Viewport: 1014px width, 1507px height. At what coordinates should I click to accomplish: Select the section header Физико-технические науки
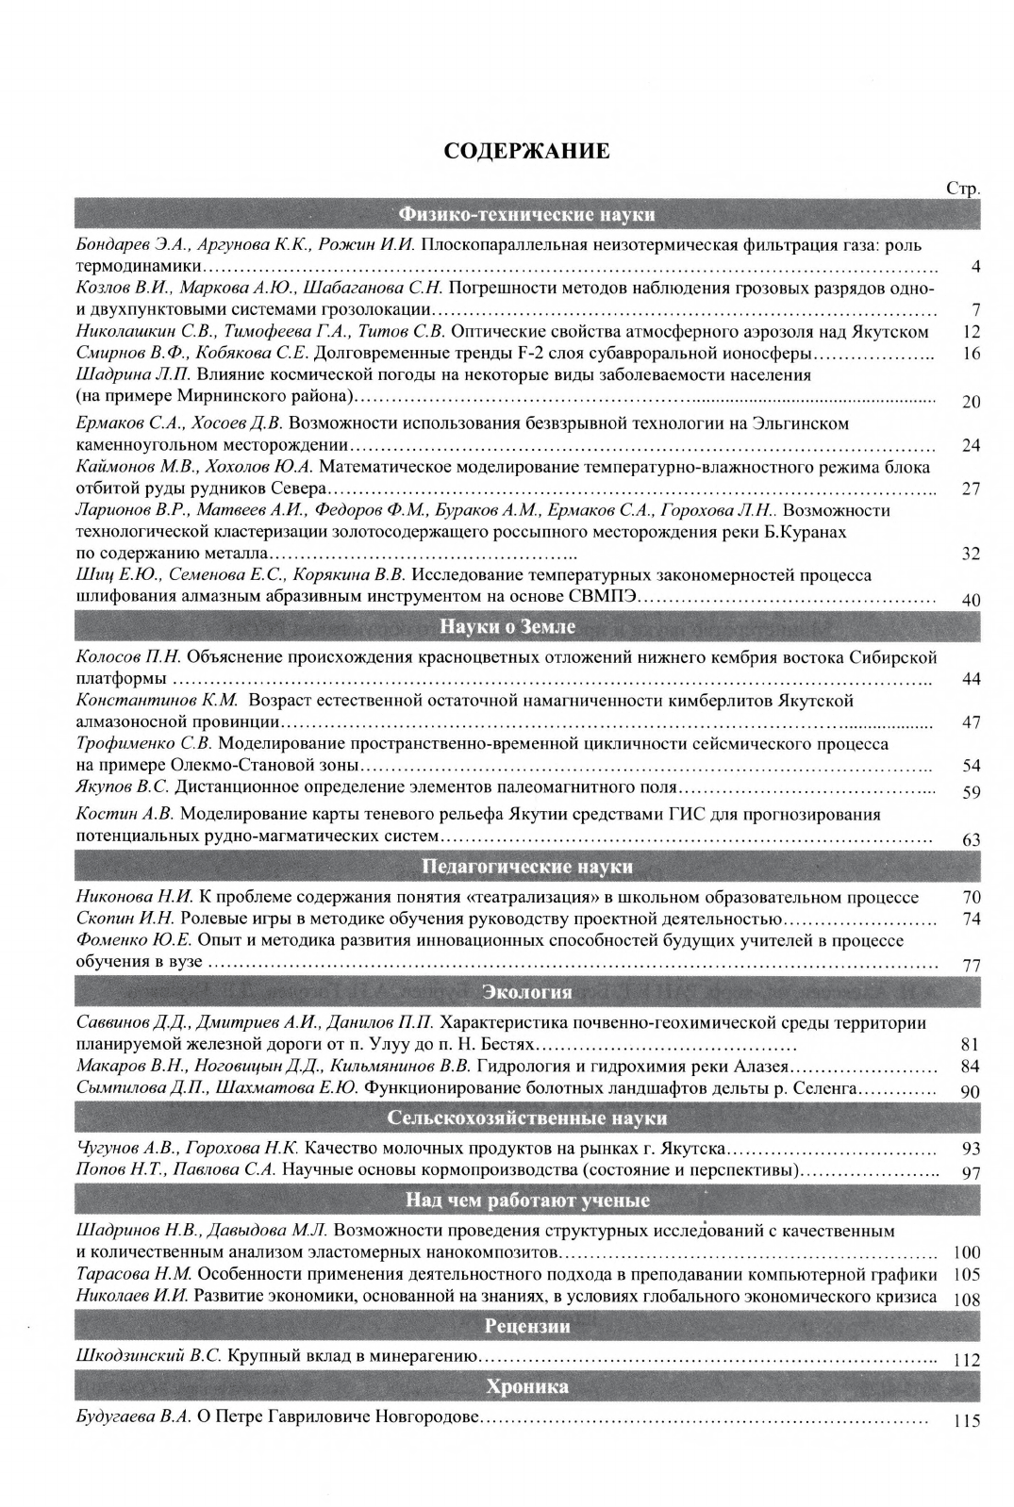pos(527,214)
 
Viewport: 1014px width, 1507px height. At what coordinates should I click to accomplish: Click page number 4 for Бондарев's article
pos(975,267)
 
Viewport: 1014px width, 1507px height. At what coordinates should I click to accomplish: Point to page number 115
pos(967,1421)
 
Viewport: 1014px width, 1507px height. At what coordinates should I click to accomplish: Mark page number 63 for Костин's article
pos(972,840)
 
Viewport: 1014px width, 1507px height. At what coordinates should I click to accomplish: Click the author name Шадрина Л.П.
pos(133,374)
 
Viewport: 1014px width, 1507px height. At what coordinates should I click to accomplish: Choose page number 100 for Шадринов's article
pos(967,1253)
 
